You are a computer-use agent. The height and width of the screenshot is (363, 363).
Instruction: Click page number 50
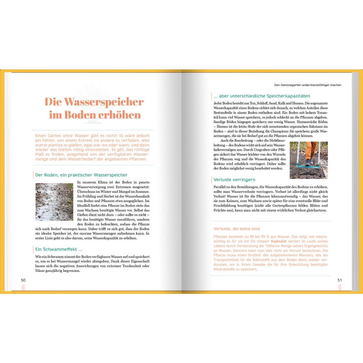pos(23,280)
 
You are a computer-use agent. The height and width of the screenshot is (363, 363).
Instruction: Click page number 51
pos(340,280)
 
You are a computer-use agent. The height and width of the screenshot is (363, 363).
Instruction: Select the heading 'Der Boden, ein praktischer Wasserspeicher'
pos(81,175)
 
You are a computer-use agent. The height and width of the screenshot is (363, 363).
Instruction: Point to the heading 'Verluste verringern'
pos(234,180)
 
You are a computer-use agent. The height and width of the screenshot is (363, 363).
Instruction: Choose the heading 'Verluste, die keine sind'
pos(236,229)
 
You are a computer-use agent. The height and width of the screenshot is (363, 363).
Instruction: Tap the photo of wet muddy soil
pos(54,202)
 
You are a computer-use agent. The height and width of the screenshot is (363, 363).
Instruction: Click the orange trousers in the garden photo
pos(311,151)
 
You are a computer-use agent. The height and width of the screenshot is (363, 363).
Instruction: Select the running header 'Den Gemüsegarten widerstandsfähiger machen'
pos(308,85)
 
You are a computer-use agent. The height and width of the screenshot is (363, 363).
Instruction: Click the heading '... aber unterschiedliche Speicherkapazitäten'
pos(262,96)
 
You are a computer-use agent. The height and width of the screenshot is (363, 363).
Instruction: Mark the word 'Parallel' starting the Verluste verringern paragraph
pos(220,187)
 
